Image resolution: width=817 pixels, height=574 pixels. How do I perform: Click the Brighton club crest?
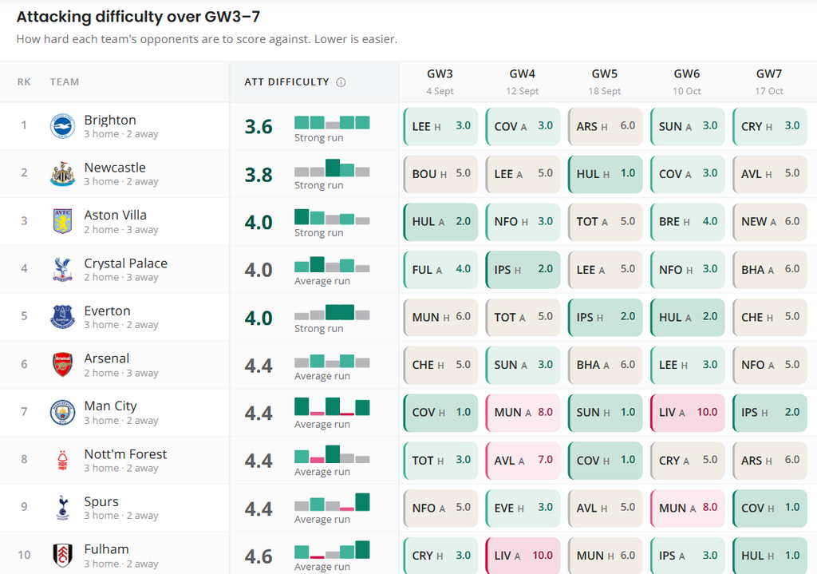coord(62,126)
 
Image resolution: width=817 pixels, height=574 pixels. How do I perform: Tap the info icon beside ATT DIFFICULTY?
coord(341,82)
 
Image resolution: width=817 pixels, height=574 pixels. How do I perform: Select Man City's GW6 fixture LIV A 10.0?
coord(687,413)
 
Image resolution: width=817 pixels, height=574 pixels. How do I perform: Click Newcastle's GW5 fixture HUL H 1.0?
coord(605,173)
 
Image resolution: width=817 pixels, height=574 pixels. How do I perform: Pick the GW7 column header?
coord(769,74)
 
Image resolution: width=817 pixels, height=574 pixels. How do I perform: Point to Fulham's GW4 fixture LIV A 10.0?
coord(523,556)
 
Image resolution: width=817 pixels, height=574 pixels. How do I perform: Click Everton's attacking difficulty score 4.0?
coord(259,318)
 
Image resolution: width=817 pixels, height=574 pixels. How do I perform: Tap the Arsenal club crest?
coord(62,364)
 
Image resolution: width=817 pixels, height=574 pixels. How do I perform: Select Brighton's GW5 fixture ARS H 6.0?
coord(605,126)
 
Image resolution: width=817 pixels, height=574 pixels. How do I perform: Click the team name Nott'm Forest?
coord(125,454)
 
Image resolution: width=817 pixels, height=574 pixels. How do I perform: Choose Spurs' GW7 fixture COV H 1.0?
coord(770,508)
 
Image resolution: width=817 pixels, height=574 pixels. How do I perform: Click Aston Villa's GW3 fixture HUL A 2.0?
coord(440,222)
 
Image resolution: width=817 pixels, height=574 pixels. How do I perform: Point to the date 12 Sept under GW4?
coord(522,91)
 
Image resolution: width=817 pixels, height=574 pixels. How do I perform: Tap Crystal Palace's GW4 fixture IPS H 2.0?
coord(523,270)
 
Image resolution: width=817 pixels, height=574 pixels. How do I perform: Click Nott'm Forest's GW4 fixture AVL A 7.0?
coord(523,461)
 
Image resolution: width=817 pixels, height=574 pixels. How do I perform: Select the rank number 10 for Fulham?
coord(24,555)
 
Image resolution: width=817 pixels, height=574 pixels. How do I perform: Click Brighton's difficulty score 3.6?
coord(259,127)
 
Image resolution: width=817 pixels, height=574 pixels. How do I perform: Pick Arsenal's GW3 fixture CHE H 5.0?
coord(440,365)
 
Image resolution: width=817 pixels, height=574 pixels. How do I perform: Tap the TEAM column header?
coord(65,82)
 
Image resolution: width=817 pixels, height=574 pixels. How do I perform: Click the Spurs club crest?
coord(62,508)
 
